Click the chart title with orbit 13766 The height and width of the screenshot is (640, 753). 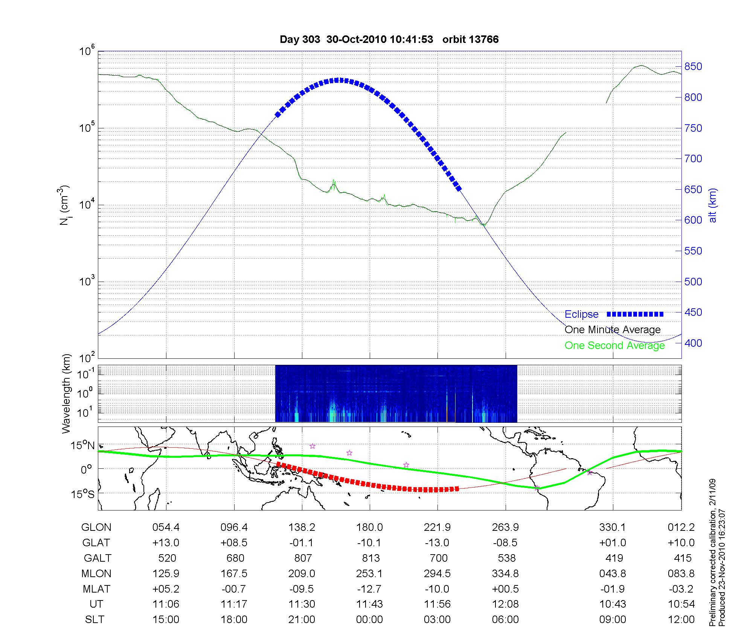tap(389, 40)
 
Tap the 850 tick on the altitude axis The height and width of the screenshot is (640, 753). tap(693, 67)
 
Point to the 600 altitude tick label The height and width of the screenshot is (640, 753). tap(693, 220)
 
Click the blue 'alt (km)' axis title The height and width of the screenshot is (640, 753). tap(713, 205)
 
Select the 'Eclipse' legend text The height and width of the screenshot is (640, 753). tap(581, 314)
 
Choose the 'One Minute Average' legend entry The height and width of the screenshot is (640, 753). tap(613, 330)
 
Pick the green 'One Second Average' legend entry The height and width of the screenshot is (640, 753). tap(614, 346)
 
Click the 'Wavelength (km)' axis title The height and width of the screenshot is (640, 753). tap(67, 394)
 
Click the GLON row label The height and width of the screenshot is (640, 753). tap(96, 527)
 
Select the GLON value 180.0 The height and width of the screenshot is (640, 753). tap(369, 527)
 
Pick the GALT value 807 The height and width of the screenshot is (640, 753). tap(303, 558)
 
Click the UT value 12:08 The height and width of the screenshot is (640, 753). tap(505, 604)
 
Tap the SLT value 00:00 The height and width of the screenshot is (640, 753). tap(369, 620)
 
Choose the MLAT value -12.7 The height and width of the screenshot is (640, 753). tap(369, 589)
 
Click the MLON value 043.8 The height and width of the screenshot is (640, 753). tap(613, 574)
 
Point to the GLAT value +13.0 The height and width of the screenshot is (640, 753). tap(166, 543)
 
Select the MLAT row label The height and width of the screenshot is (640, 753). tap(96, 589)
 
